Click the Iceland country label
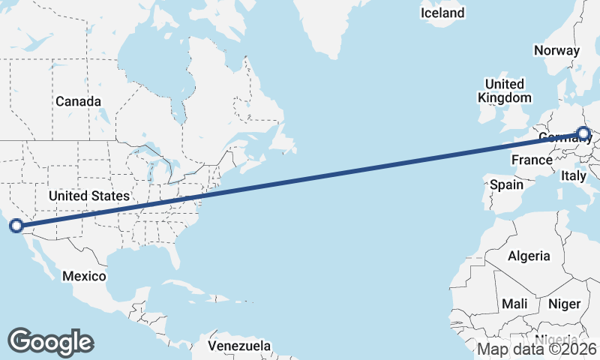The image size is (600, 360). (x=442, y=13)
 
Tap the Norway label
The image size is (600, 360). (x=556, y=50)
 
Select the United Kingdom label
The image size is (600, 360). (x=505, y=91)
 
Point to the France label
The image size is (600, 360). (x=532, y=160)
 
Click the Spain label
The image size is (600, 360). (x=506, y=184)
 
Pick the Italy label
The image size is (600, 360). (x=574, y=175)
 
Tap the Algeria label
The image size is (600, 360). (x=529, y=256)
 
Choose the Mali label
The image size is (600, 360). (x=514, y=304)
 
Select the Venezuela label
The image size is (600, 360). (x=239, y=346)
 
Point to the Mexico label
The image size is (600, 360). (x=83, y=276)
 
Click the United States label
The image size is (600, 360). (x=88, y=196)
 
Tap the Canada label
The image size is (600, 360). (x=78, y=101)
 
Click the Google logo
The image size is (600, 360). (x=50, y=342)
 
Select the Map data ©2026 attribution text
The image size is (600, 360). (x=537, y=349)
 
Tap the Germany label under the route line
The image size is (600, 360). (x=558, y=138)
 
